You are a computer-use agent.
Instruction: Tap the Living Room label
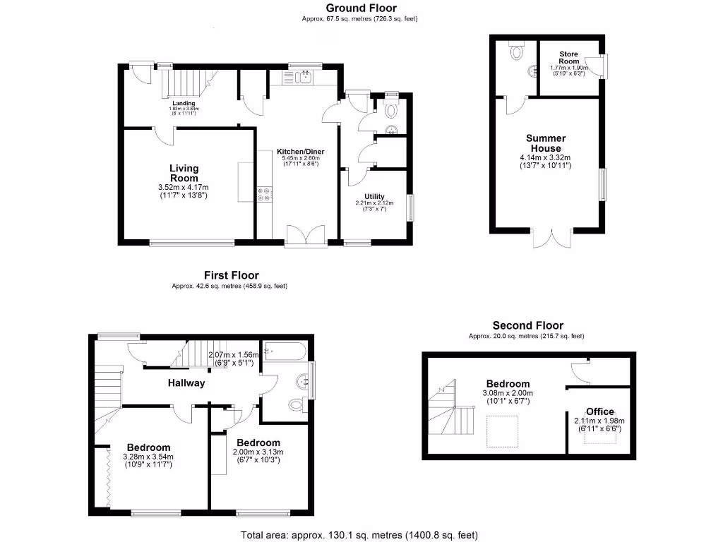click(x=184, y=173)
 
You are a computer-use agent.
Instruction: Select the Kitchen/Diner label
click(x=299, y=151)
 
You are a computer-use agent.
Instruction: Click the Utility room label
click(x=374, y=195)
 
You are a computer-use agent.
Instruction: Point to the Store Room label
click(x=568, y=57)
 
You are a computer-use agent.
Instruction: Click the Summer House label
click(x=545, y=143)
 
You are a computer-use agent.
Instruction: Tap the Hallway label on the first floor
click(x=186, y=383)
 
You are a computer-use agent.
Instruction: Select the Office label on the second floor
click(x=600, y=411)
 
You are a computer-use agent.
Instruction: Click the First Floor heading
click(x=231, y=275)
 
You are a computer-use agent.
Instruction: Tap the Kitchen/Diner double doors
click(x=306, y=235)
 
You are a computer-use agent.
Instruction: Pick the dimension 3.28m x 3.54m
click(x=149, y=457)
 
